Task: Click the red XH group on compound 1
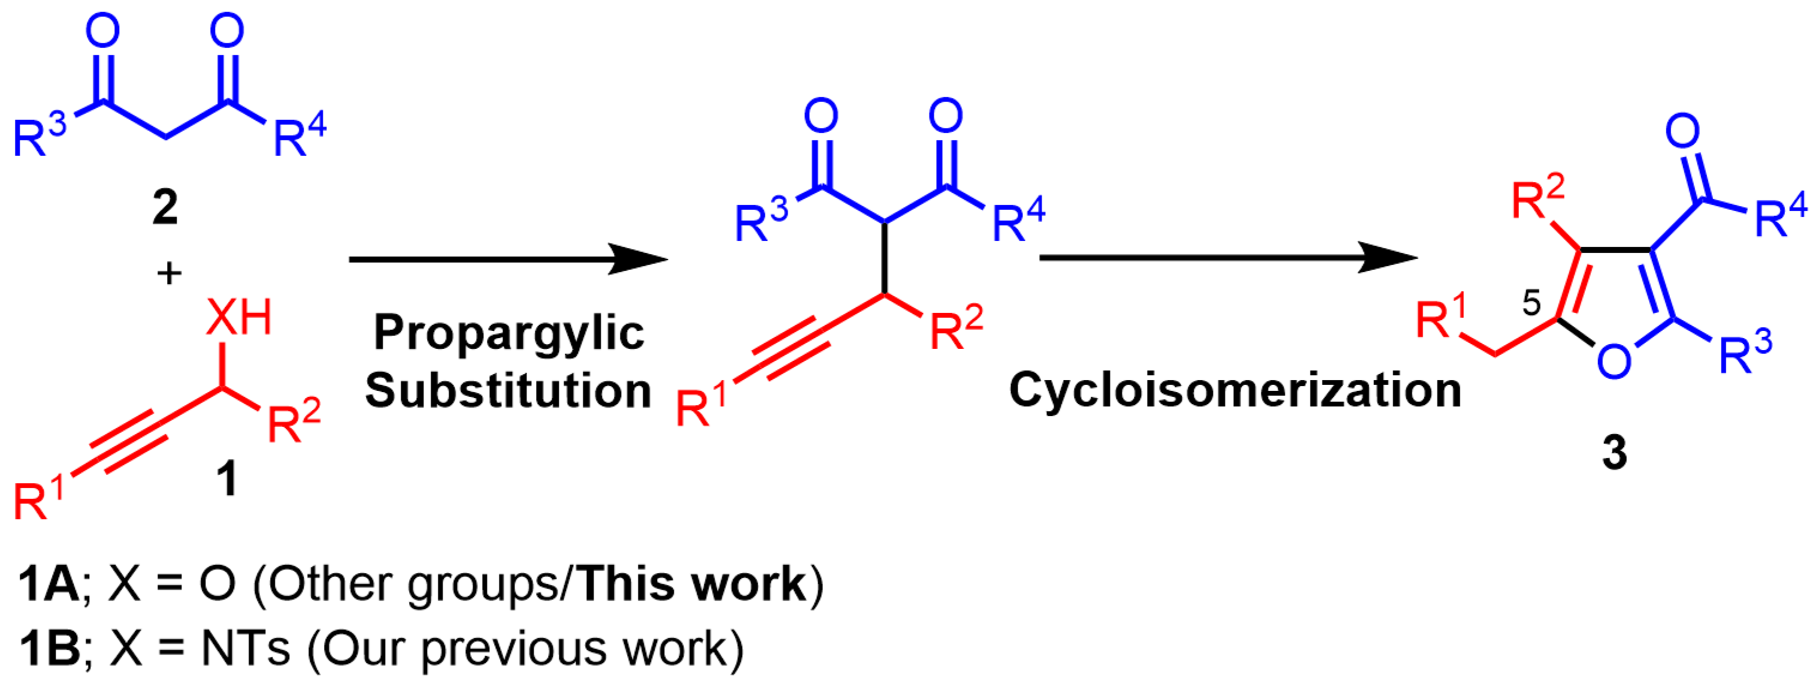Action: point(238,318)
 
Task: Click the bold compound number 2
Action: point(165,207)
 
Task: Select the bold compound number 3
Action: point(1614,453)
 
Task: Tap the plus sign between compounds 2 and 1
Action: point(169,273)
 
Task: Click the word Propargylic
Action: point(509,333)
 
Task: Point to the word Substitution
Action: point(508,391)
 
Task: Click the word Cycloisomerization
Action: point(1235,390)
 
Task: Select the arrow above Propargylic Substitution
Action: point(509,260)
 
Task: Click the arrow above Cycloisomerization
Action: point(1228,258)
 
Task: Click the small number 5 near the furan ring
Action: point(1531,303)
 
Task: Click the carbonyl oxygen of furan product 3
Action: point(1682,131)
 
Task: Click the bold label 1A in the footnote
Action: point(48,584)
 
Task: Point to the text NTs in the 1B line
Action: point(245,648)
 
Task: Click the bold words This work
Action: point(694,584)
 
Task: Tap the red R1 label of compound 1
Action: point(38,498)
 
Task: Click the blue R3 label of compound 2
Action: point(40,135)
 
